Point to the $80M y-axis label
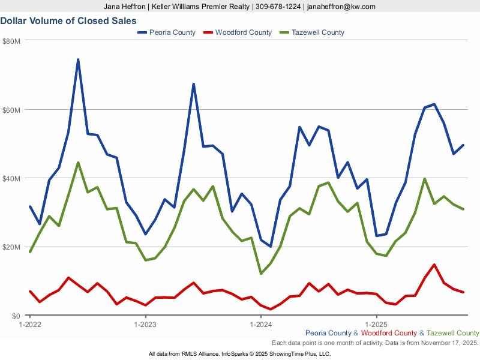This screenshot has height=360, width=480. (11, 41)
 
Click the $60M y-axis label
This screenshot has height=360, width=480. (11, 110)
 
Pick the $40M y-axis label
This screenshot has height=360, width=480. (11, 179)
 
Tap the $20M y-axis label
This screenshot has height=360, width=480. (11, 247)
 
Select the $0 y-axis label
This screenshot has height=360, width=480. (16, 316)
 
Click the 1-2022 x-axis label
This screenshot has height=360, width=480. (30, 325)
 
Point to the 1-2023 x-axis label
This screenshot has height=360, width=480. (145, 325)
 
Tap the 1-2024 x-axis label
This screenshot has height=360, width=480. (261, 325)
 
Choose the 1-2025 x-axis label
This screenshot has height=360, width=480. (376, 325)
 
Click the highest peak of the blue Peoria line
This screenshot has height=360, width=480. (78, 59)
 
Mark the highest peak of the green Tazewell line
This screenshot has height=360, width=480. (78, 162)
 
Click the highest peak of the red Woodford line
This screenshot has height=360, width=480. (434, 265)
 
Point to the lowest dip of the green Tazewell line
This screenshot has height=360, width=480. (261, 274)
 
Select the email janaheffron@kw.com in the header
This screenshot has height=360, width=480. (341, 7)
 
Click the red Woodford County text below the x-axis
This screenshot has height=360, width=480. (389, 333)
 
